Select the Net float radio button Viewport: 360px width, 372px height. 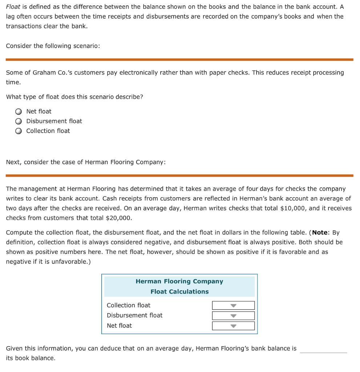click(x=18, y=112)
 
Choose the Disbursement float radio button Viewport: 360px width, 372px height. click(x=18, y=121)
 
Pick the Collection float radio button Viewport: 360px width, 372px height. click(x=18, y=131)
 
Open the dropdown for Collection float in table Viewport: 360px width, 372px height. click(x=233, y=306)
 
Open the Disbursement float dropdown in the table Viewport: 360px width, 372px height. click(x=233, y=316)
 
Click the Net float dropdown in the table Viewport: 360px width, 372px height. click(x=233, y=326)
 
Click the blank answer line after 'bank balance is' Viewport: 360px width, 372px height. click(x=323, y=349)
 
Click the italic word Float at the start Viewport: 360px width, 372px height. click(x=13, y=7)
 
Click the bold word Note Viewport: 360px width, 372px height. click(x=320, y=232)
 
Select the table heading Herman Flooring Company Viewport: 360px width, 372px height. click(x=179, y=282)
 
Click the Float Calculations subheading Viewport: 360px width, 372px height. click(x=179, y=292)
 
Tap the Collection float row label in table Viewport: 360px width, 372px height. click(x=128, y=306)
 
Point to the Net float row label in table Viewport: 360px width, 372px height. click(x=119, y=326)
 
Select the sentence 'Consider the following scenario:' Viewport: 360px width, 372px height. click(x=53, y=46)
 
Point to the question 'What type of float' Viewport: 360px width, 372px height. click(x=74, y=97)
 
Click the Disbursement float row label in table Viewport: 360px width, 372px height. click(x=134, y=316)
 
